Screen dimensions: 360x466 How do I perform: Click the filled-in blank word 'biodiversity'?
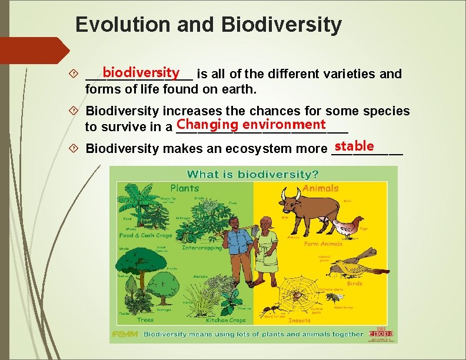[140, 72]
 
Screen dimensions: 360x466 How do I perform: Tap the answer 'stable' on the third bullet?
[354, 145]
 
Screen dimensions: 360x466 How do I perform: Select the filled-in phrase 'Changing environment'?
[251, 124]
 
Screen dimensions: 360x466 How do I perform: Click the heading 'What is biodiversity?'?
[253, 174]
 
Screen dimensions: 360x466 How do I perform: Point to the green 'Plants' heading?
[185, 188]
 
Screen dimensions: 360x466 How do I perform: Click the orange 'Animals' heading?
[321, 188]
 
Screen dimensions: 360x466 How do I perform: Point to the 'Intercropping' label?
[202, 248]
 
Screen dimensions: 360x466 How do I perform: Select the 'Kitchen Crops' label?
[226, 321]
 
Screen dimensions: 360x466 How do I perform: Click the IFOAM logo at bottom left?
[125, 334]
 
